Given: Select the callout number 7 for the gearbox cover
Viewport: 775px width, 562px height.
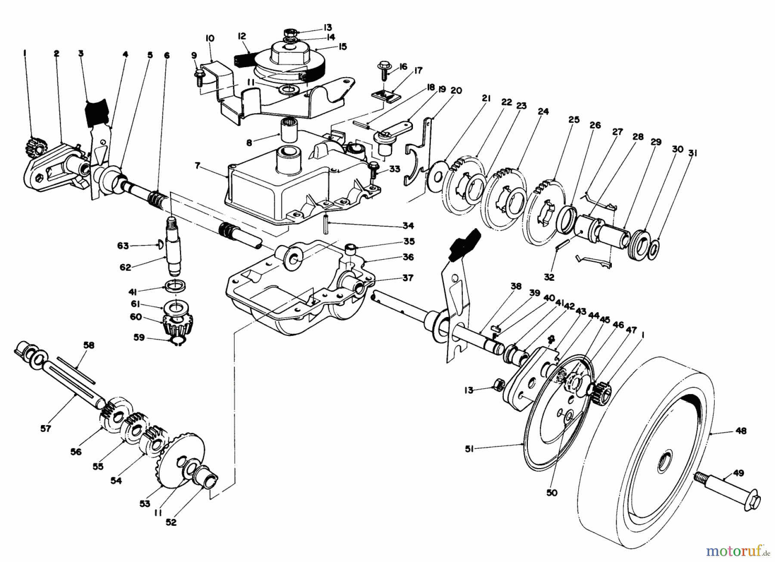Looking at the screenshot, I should coord(198,165).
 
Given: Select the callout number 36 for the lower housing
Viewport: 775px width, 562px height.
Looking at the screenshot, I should coord(408,257).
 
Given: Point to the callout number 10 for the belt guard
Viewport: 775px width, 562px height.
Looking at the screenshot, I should coord(210,38).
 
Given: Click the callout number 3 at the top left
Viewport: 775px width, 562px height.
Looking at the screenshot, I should coord(81,53).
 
